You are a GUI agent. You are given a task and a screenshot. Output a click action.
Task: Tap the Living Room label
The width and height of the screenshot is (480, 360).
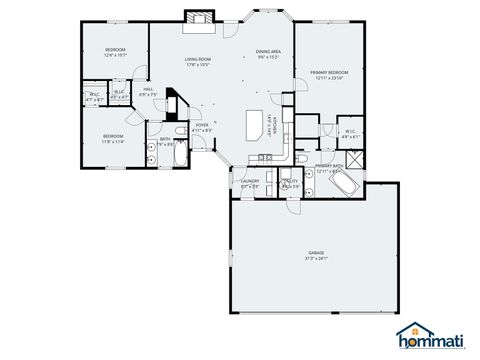[198, 62]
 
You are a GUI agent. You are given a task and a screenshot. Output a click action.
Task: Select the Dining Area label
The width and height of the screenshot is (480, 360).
[267, 54]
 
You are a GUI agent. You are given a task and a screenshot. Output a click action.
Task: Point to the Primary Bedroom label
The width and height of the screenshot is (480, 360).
[329, 75]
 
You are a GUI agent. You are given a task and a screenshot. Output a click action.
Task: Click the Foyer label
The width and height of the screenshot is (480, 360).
[202, 127]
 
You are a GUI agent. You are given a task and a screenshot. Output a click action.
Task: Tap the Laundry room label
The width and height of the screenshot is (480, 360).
[250, 183]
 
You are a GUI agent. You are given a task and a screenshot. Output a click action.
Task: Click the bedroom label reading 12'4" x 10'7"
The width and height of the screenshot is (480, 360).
[115, 53]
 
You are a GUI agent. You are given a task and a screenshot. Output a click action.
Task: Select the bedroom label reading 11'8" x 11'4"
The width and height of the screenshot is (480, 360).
[112, 138]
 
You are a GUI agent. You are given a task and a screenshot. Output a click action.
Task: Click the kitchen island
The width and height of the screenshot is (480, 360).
[255, 125]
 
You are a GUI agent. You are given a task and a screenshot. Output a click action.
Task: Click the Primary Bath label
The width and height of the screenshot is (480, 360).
[329, 166]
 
